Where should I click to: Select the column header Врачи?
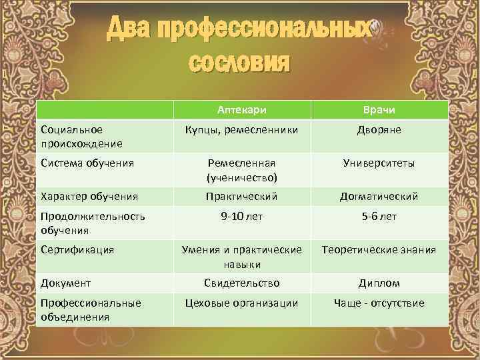379,109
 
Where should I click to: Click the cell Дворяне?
379,129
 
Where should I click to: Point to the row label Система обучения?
87,162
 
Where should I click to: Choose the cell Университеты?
379,162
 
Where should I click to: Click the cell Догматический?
379,196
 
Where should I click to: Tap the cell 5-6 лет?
379,216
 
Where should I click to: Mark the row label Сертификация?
77,249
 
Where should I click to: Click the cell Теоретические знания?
379,249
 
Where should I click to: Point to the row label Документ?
65,283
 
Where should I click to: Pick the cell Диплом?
379,283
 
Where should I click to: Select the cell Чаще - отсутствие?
379,303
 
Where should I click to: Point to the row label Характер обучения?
89,196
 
